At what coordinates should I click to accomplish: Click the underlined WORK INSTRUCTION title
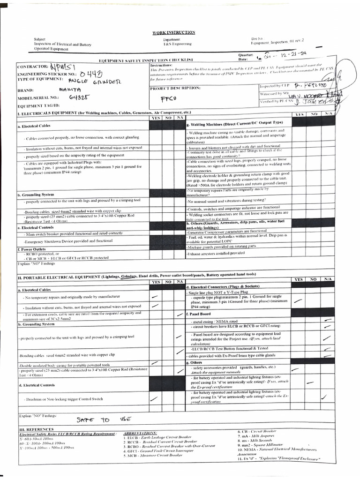pyautogui.click(x=180, y=32)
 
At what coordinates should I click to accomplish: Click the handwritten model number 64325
pyautogui.click(x=79, y=97)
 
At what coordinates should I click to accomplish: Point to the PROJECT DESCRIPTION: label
pyautogui.click(x=175, y=88)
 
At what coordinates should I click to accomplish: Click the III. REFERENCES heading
pyautogui.click(x=37, y=429)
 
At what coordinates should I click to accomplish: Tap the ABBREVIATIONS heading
pyautogui.click(x=141, y=433)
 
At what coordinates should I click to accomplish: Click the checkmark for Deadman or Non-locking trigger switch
pyautogui.click(x=153, y=399)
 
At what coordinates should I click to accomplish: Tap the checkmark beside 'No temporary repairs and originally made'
pyautogui.click(x=154, y=297)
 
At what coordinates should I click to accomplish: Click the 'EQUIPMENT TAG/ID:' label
pyautogui.click(x=41, y=106)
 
